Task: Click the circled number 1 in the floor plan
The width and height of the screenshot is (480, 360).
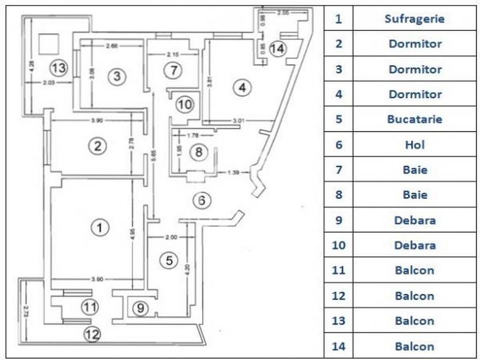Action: pyautogui.click(x=99, y=228)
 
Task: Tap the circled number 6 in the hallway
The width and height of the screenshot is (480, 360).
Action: pyautogui.click(x=202, y=201)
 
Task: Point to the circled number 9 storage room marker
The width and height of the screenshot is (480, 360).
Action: pyautogui.click(x=139, y=308)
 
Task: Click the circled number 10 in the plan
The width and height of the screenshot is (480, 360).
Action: pyautogui.click(x=185, y=105)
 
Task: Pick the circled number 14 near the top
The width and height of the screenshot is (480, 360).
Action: pyautogui.click(x=278, y=48)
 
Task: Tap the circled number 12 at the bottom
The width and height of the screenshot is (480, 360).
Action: pyautogui.click(x=92, y=334)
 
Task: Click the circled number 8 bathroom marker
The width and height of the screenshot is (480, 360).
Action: pyautogui.click(x=199, y=152)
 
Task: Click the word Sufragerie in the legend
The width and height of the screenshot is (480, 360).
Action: pyautogui.click(x=414, y=19)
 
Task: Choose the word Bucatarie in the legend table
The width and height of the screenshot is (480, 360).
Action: pyautogui.click(x=414, y=119)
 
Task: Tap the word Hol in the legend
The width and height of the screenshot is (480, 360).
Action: pyautogui.click(x=414, y=144)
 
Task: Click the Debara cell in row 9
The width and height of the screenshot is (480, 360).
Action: pyautogui.click(x=414, y=220)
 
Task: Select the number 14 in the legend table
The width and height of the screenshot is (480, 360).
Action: pyautogui.click(x=338, y=347)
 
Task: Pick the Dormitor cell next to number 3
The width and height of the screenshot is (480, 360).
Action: pyautogui.click(x=414, y=69)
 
